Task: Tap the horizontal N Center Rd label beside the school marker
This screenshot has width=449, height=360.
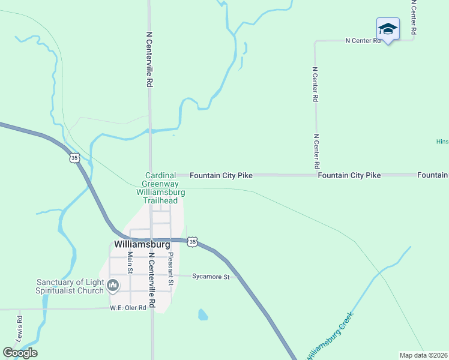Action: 363,41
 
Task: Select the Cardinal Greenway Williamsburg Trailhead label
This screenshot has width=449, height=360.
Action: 160,188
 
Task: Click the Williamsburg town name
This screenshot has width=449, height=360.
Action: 142,245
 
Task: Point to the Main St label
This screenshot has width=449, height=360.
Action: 130,262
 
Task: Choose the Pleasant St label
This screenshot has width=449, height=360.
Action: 171,268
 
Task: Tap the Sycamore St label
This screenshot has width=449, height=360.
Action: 211,277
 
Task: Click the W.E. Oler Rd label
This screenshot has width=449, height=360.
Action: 128,308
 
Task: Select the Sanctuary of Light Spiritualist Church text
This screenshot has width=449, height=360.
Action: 70,286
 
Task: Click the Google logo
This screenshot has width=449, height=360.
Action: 20,353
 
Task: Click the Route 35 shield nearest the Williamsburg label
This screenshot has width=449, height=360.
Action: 191,241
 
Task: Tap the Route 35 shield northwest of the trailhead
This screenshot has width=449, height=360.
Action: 74,158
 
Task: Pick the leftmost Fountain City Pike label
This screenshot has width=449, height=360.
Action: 221,175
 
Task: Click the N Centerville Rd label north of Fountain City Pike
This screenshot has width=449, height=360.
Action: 148,60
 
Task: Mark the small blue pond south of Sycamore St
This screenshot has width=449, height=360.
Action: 203,314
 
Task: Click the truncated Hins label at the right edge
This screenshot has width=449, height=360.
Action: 442,142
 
